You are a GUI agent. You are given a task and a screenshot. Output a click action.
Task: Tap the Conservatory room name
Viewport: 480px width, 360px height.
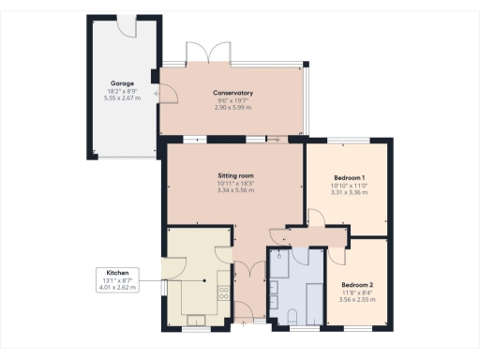point(233,92)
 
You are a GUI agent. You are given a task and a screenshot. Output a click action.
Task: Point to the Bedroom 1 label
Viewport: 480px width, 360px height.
point(350,177)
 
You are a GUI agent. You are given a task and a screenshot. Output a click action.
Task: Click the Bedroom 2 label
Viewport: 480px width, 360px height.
point(356,284)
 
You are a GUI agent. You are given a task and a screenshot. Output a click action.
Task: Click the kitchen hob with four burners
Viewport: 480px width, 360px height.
point(223,293)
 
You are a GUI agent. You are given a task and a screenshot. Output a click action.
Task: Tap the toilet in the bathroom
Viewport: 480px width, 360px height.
point(292,316)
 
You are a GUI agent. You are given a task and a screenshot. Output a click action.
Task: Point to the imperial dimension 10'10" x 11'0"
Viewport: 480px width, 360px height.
point(350,187)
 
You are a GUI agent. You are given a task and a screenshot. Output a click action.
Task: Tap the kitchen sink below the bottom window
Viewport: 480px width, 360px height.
point(196,319)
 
